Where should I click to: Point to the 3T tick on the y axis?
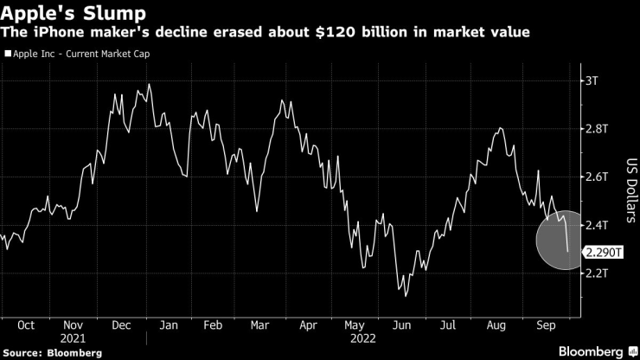592,80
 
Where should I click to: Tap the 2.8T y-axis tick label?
597,129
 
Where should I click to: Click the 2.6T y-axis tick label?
597,177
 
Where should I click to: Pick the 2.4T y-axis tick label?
597,225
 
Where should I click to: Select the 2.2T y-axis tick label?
597,273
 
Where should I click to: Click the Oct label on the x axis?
26,325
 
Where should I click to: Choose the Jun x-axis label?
401,325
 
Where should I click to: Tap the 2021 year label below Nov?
74,338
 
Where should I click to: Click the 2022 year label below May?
355,338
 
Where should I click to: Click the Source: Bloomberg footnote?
52,353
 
